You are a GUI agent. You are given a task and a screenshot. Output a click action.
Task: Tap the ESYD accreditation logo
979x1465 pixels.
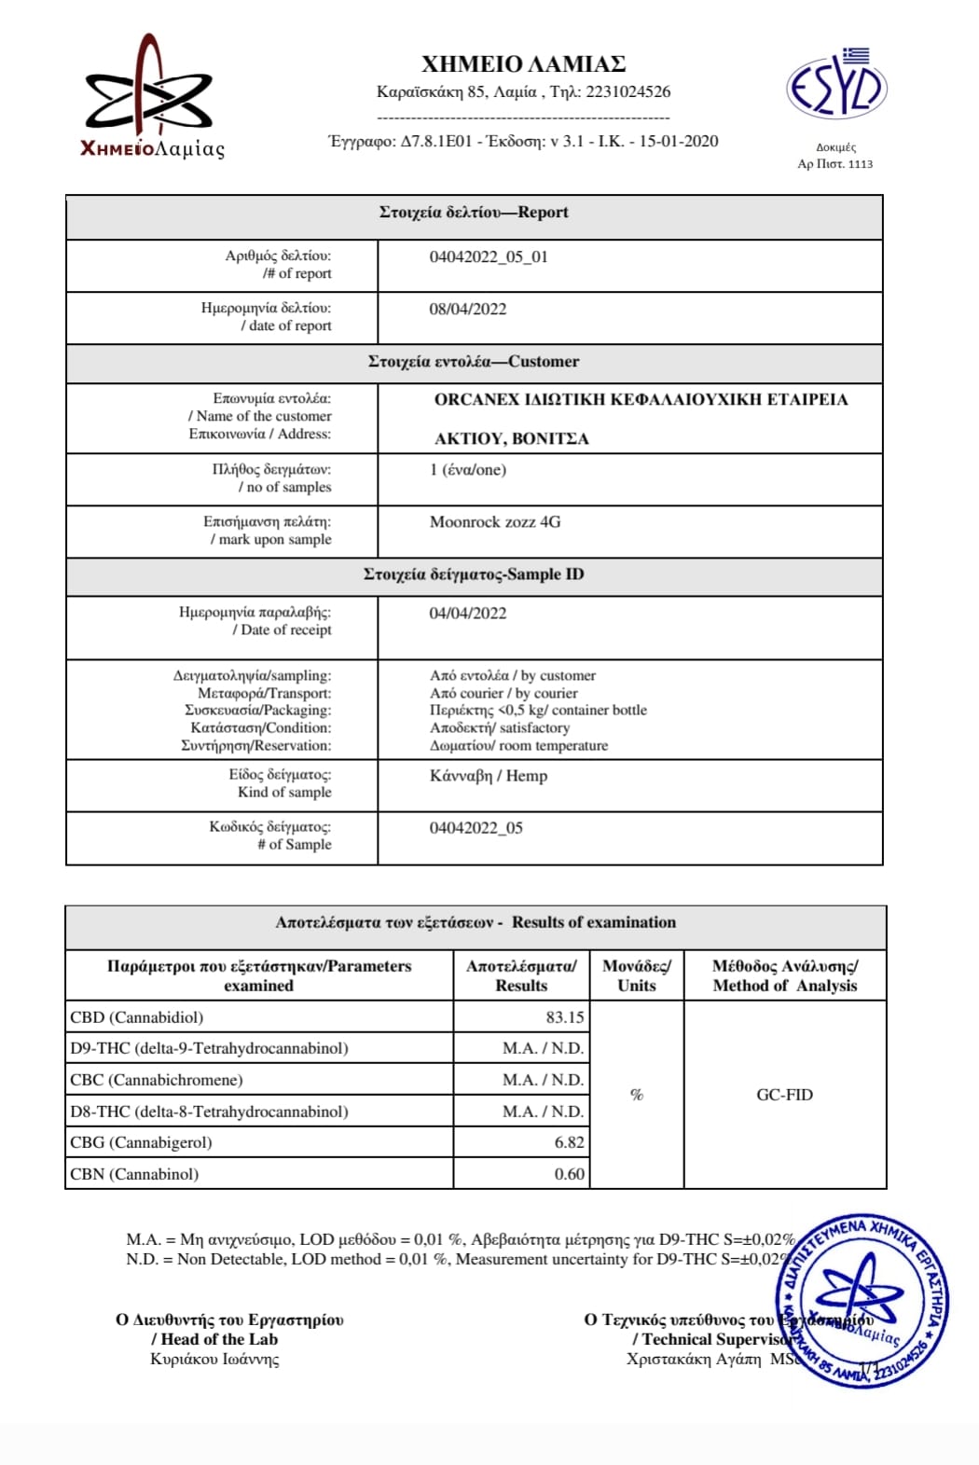pos(835,86)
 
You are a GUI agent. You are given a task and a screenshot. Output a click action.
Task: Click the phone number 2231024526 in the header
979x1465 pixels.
pos(627,91)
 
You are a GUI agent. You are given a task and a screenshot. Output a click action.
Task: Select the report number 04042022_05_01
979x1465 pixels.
pos(489,256)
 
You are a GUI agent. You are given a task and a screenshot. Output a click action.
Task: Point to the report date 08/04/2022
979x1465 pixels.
pos(468,309)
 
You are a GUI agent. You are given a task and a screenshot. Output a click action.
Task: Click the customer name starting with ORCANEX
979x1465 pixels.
pos(641,399)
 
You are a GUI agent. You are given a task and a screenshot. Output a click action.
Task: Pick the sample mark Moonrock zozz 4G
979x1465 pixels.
pos(495,521)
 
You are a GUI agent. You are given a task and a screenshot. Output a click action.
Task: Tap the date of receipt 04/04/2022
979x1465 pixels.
pos(468,613)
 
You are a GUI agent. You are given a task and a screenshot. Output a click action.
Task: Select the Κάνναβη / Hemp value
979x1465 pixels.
pos(489,775)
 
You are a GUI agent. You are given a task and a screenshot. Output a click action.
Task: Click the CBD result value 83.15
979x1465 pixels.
pos(565,1016)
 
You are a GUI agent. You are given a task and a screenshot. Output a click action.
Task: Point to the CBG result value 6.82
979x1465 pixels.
pos(569,1141)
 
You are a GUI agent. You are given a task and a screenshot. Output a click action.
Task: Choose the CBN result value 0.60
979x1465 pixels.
pos(569,1173)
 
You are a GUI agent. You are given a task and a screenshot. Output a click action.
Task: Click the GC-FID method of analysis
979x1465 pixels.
pos(784,1094)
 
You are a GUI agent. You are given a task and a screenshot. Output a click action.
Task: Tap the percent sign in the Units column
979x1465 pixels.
pos(637,1094)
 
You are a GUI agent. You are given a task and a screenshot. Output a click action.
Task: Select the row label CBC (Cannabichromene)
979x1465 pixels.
pos(157,1079)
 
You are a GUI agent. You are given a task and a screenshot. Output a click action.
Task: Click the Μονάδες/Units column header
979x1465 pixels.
pos(637,975)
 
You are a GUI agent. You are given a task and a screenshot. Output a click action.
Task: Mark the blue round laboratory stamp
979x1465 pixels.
pos(862,1300)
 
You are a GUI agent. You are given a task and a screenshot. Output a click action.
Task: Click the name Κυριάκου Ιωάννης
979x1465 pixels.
pos(214,1359)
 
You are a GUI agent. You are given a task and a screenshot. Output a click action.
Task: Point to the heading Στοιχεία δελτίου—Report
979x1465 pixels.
pos(474,212)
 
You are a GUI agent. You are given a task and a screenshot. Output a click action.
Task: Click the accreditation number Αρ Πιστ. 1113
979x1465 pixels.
pos(835,163)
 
